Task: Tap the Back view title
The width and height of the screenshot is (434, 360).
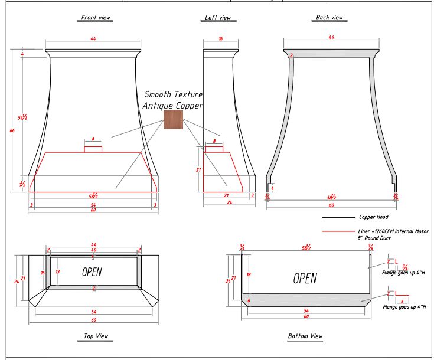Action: (329, 18)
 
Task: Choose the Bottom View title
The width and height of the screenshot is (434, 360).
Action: (305, 336)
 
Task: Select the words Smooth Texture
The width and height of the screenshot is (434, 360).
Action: (174, 94)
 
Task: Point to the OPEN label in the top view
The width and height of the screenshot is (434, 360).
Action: (92, 271)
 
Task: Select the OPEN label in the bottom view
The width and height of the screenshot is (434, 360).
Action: (305, 278)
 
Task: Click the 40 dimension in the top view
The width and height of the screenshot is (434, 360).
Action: (93, 250)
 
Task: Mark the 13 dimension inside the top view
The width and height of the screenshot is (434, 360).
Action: (57, 272)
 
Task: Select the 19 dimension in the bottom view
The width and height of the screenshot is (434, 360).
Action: (249, 274)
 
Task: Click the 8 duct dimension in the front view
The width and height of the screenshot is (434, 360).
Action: (93, 139)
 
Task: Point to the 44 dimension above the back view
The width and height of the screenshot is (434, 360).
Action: (330, 38)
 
